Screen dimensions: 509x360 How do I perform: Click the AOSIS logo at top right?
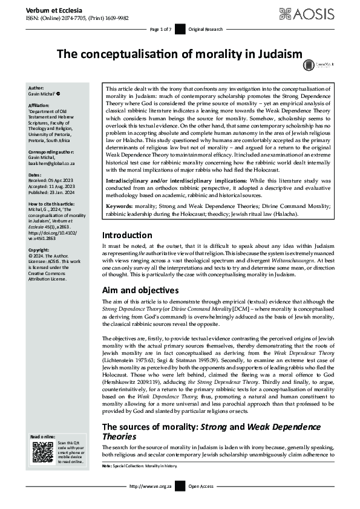pos(319,13)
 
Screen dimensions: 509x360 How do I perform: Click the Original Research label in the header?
pos(205,29)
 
